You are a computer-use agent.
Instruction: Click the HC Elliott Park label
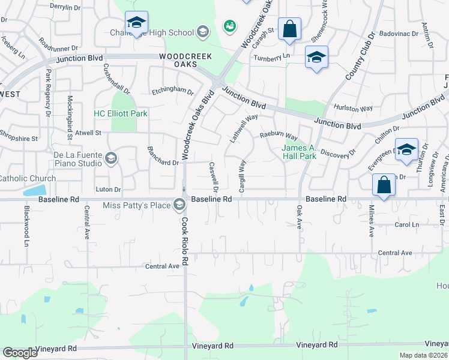pos(121,113)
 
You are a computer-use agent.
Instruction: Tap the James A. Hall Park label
pos(299,152)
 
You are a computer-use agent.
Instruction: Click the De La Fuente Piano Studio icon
pos(110,158)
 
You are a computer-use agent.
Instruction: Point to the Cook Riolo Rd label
pos(185,241)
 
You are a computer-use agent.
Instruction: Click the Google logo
pos(20,353)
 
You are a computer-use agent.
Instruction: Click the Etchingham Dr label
pos(172,92)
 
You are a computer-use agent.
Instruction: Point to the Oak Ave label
pos(299,217)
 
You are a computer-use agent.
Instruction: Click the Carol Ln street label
pos(406,224)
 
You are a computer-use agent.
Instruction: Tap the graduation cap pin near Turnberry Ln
pos(316,58)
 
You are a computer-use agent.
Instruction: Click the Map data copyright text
pos(424,355)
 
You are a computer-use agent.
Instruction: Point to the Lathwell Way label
pos(244,128)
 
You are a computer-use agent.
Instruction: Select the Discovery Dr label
pos(338,154)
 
